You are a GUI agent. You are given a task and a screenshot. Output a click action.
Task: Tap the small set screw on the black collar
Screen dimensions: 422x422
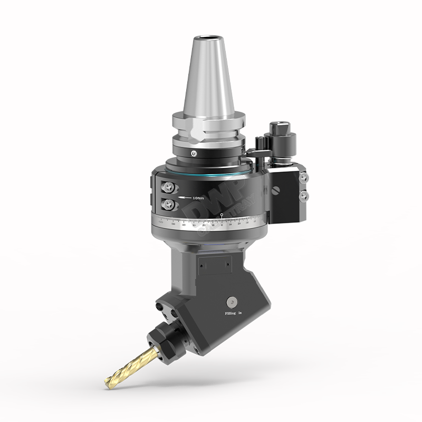tap(195, 153)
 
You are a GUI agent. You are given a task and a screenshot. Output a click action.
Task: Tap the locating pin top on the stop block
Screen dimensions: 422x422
tap(277, 127)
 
